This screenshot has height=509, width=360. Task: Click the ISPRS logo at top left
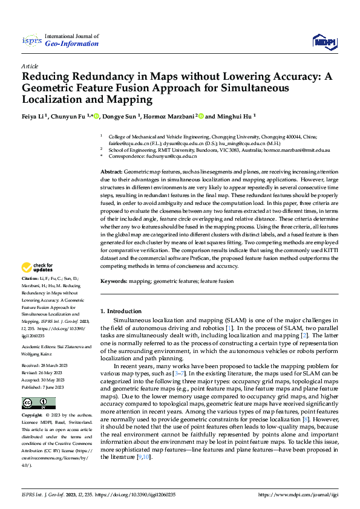[x=31, y=41]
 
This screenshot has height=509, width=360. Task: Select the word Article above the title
[x=30, y=66]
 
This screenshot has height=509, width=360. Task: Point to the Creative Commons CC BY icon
[x=38, y=403]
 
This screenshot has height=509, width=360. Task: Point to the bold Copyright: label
[x=32, y=416]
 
